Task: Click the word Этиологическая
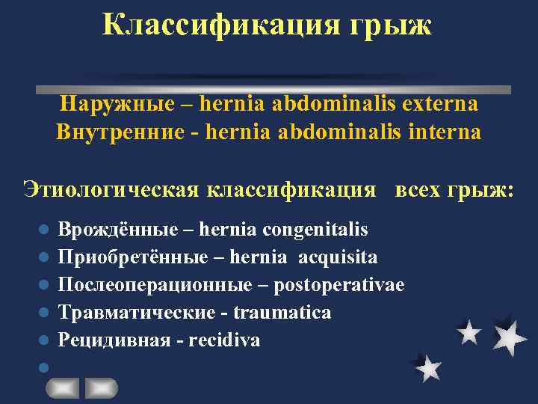[x=111, y=189]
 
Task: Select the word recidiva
[x=224, y=340]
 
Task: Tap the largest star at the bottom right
[x=510, y=337]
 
